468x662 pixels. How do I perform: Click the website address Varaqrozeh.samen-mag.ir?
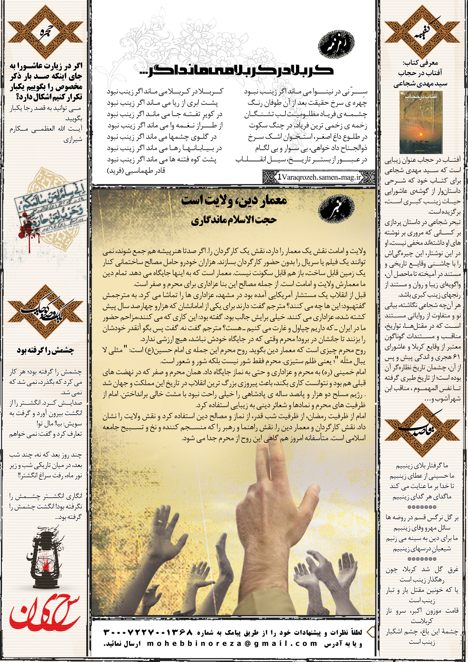pos(319,177)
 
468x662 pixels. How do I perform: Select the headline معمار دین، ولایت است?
pos(234,201)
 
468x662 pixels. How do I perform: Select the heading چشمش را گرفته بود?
pos(45,350)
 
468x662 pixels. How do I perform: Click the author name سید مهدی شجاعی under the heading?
pos(420,84)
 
